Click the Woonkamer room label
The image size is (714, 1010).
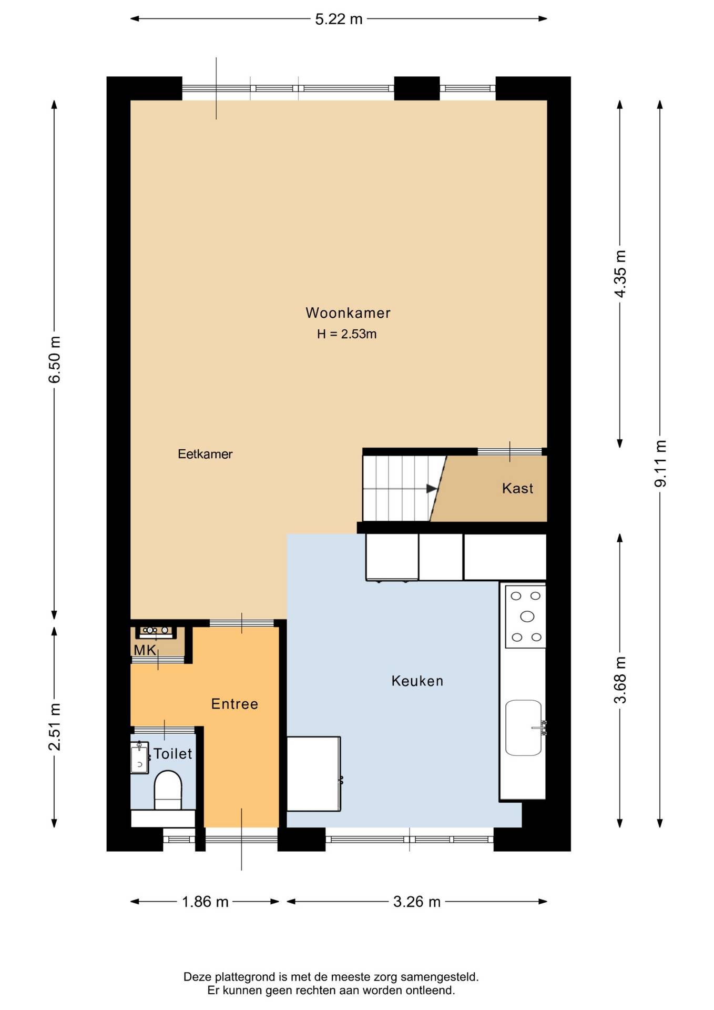pyautogui.click(x=348, y=313)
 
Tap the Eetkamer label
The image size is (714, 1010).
pyautogui.click(x=205, y=454)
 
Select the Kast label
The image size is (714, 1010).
pyautogui.click(x=518, y=489)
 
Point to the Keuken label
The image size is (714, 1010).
pyautogui.click(x=417, y=681)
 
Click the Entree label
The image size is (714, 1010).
pyautogui.click(x=234, y=704)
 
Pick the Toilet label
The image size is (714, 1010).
pyautogui.click(x=172, y=754)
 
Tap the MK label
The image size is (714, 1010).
pyautogui.click(x=145, y=650)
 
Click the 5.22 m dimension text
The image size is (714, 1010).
pyautogui.click(x=339, y=19)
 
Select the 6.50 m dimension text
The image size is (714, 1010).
pyautogui.click(x=55, y=360)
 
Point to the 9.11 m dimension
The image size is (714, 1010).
pyautogui.click(x=660, y=463)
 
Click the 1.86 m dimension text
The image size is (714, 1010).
pyautogui.click(x=205, y=902)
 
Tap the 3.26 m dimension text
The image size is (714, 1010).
pyautogui.click(x=417, y=902)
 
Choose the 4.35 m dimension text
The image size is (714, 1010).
pyautogui.click(x=620, y=274)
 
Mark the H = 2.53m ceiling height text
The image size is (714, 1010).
pyautogui.click(x=347, y=334)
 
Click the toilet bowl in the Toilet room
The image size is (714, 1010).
pyautogui.click(x=168, y=790)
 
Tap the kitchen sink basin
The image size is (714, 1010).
pyautogui.click(x=524, y=728)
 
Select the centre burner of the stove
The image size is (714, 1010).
pyautogui.click(x=527, y=617)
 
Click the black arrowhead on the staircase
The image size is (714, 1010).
pyautogui.click(x=432, y=489)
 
